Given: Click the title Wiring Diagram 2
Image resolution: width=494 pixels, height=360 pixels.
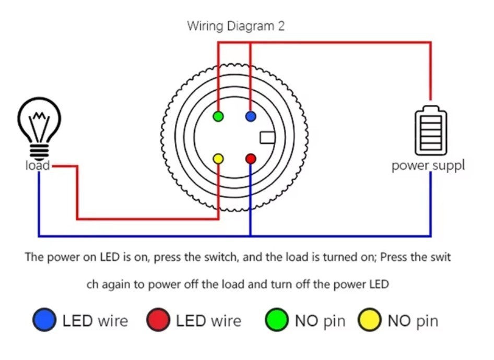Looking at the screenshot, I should (236, 26).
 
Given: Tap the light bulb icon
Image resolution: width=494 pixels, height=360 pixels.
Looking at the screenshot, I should (39, 127).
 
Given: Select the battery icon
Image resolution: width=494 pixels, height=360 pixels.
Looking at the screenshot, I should (430, 130).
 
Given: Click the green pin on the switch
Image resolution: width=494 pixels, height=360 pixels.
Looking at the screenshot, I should (218, 116).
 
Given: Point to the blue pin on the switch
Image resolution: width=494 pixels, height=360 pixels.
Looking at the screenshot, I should (251, 116).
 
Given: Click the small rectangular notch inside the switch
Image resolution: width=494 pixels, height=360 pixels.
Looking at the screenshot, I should (267, 137).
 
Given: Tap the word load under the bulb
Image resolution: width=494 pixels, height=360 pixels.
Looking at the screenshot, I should (38, 165).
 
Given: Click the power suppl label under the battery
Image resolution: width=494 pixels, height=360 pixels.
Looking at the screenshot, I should (428, 165).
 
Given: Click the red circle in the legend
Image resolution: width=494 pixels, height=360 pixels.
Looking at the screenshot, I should (158, 320).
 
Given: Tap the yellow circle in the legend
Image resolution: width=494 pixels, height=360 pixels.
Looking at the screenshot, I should (369, 320).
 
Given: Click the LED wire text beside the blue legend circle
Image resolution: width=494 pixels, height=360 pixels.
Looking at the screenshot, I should (95, 320).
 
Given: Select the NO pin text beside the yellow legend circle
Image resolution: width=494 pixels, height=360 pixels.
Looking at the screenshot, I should (413, 320).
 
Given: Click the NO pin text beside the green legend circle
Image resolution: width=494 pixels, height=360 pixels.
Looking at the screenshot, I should (320, 320).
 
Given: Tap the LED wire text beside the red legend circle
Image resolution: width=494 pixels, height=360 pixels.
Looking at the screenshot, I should (208, 320).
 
